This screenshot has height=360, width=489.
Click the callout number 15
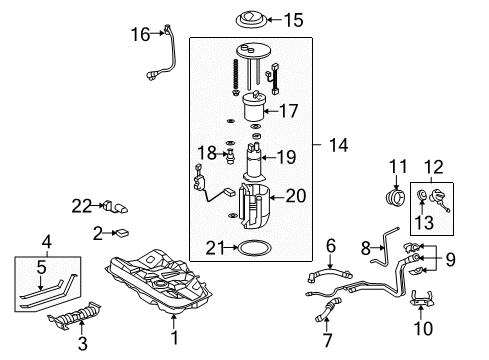[292, 19]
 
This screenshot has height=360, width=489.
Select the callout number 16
[140, 34]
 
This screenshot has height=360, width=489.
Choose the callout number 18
[205, 152]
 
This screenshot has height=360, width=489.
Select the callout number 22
[81, 205]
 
